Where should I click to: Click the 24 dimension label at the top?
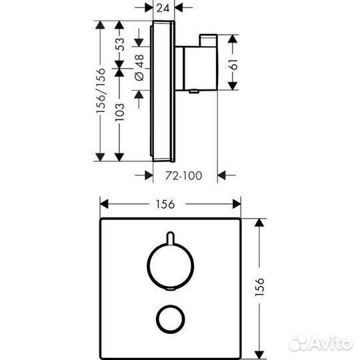163,8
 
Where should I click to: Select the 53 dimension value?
120,44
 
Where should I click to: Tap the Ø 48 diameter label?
139,68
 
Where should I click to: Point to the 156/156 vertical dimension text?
101,91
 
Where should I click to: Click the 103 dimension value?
119,112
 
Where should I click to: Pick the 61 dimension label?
233,65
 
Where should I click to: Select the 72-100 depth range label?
184,175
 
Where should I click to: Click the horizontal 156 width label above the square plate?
165,204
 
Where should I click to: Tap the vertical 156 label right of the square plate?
259,287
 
